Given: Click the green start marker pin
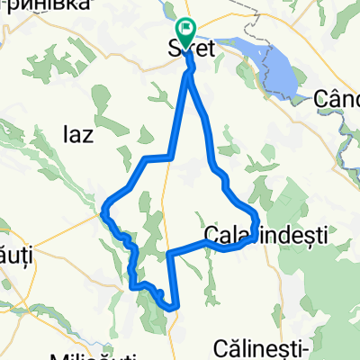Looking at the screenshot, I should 186,33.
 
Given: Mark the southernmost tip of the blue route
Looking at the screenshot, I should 171,308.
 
